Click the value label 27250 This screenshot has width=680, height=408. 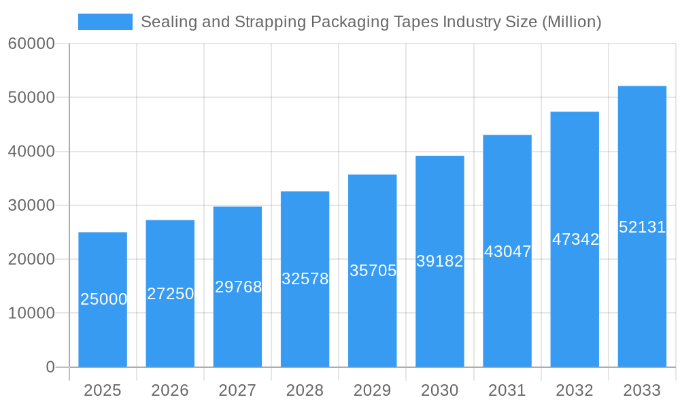pos(170,294)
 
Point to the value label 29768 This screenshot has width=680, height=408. pos(238,287)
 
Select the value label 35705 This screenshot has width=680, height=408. pos(373,271)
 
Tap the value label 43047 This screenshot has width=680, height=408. pos(507,252)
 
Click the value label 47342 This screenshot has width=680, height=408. pos(575,239)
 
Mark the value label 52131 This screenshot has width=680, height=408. pos(642,227)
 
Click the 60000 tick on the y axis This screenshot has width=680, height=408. pos(31,44)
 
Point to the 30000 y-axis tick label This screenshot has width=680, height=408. pos(31,205)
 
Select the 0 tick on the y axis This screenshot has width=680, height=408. pos(50,367)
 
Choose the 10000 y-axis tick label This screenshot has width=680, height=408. pos(31,313)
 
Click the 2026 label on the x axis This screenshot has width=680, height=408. pos(170,390)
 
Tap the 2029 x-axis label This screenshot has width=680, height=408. pos(373,390)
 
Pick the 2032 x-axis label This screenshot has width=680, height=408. pos(575,390)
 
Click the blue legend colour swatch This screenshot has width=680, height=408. pos(105,22)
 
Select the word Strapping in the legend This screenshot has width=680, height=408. pos(269,22)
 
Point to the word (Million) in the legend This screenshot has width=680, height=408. pos(571,22)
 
